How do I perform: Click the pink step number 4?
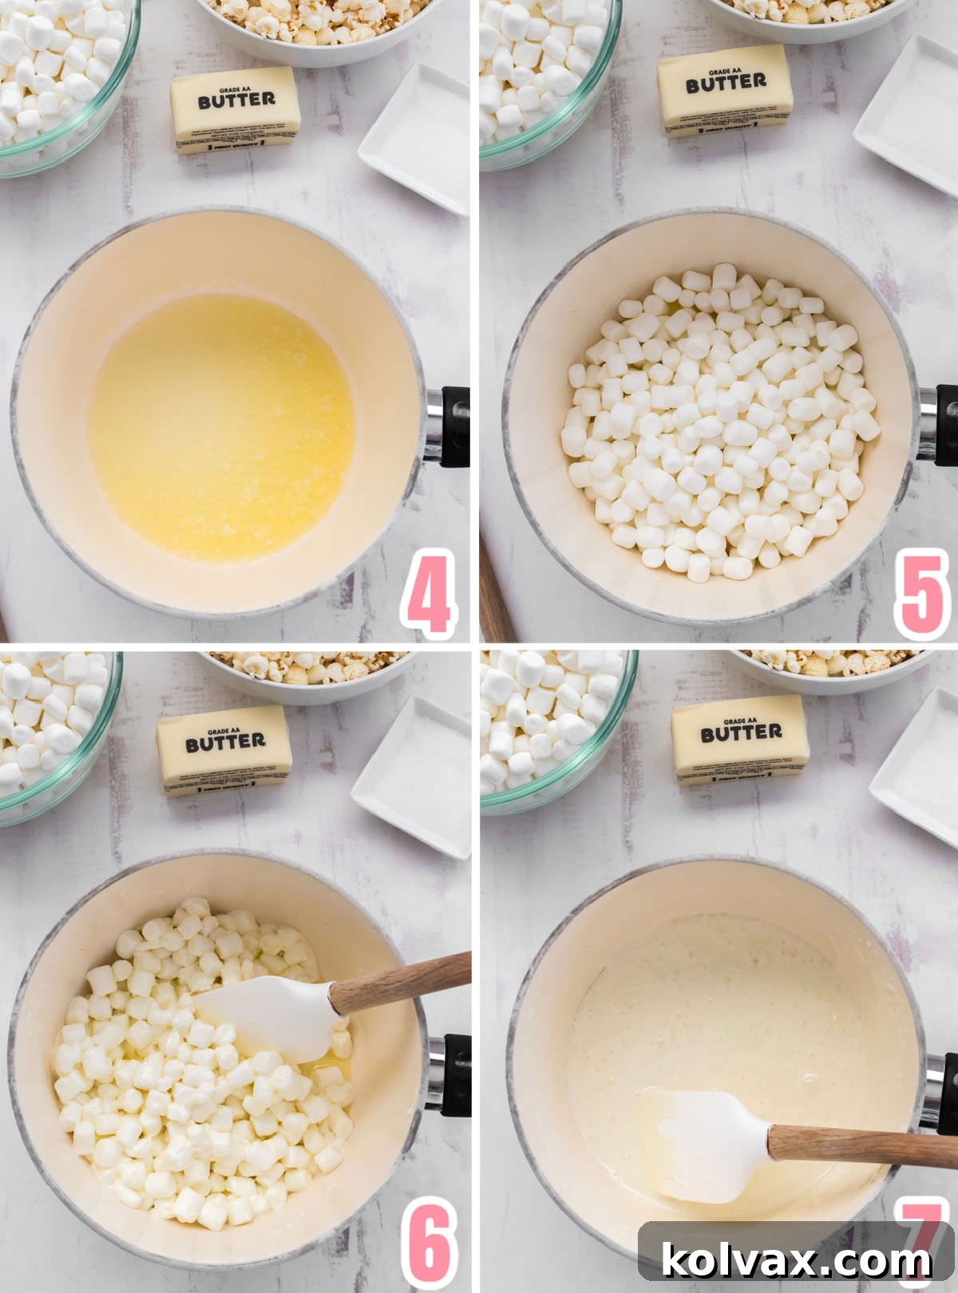click(x=429, y=594)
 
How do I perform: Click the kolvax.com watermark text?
click(x=796, y=1260)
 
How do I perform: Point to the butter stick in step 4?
click(x=236, y=109)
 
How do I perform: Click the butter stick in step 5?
click(x=726, y=90)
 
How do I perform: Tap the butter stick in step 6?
click(x=224, y=749)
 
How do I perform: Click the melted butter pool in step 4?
click(x=221, y=427)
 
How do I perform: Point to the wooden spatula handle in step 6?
click(x=399, y=983)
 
